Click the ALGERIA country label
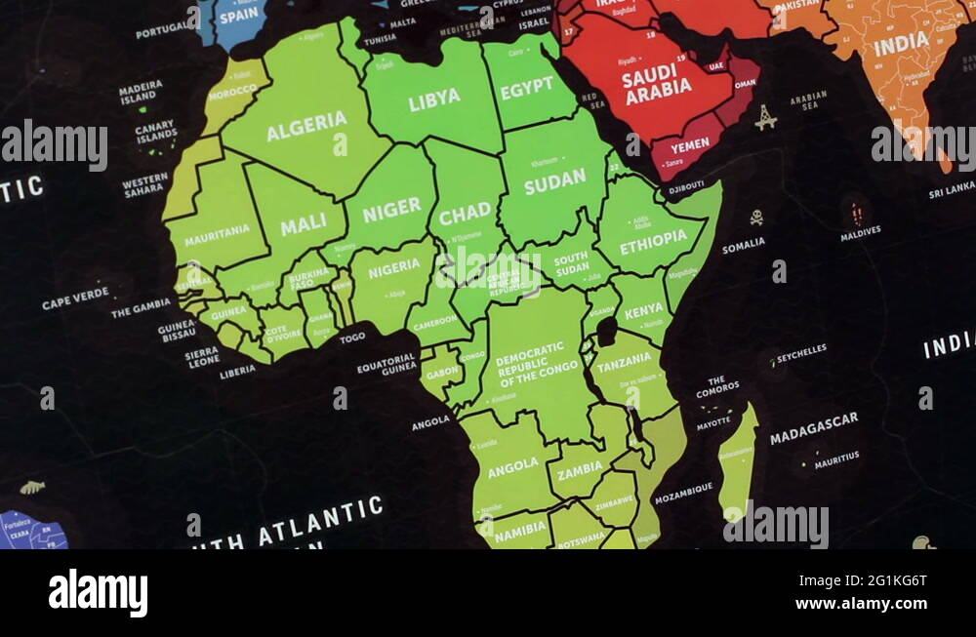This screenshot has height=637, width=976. pos(306,126)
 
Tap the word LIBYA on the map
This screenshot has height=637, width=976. pos(433,100)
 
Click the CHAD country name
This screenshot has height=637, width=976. pos(465,214)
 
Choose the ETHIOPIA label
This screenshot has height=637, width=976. pos(653,242)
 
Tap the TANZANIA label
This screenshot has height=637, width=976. pos(624,362)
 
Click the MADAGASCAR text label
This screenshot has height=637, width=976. pos(813,428)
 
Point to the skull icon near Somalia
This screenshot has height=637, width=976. pos(756,217)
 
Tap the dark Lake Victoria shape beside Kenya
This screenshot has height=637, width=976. pos(606,332)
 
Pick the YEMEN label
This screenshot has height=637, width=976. pos(690,145)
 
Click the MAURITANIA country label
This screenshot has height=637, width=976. pos(217,234)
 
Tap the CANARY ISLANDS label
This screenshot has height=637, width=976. pos(156,132)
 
